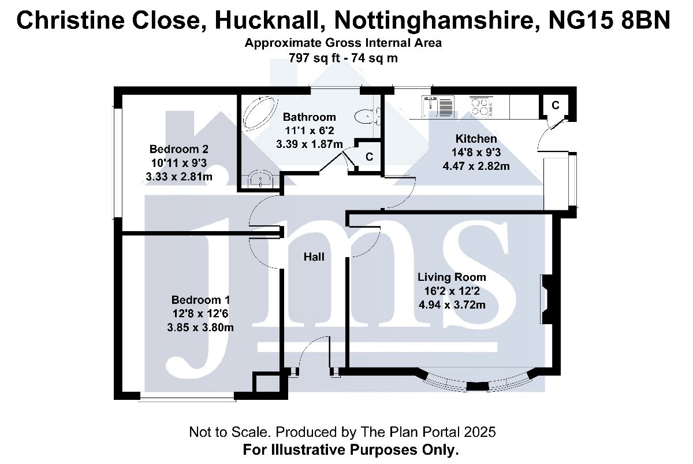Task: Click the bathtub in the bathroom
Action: pyautogui.click(x=259, y=113)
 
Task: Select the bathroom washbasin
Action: pyautogui.click(x=260, y=179)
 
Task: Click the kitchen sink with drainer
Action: pyautogui.click(x=438, y=106)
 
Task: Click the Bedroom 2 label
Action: pyautogui.click(x=179, y=149)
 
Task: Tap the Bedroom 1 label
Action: pyautogui.click(x=200, y=300)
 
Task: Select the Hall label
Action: pyautogui.click(x=314, y=257)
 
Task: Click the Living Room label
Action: pyautogui.click(x=452, y=277)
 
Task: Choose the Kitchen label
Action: pyautogui.click(x=476, y=139)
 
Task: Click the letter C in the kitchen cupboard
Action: pyautogui.click(x=556, y=106)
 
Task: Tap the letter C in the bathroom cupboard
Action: pyautogui.click(x=369, y=157)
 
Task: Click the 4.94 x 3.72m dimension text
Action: pyautogui.click(x=452, y=305)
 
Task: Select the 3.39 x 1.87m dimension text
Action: pyautogui.click(x=310, y=144)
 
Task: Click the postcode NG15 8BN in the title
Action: pyautogui.click(x=609, y=20)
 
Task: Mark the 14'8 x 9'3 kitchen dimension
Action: pyautogui.click(x=476, y=153)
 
